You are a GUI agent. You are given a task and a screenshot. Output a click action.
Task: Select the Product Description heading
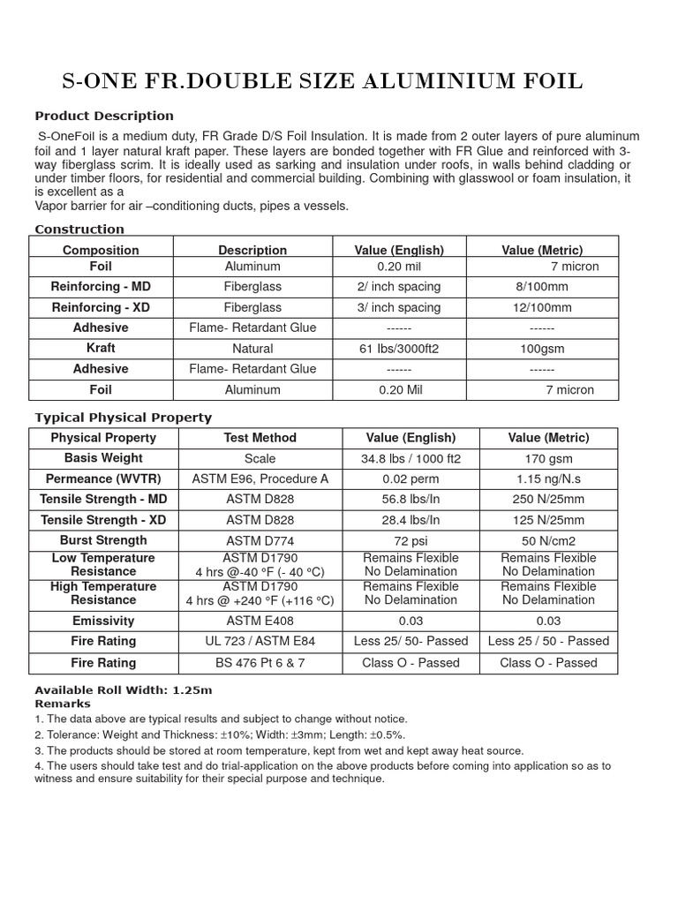[104, 116]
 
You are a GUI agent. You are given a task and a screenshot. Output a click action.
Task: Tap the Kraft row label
[101, 349]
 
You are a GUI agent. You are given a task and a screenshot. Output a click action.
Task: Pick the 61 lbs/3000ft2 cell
[399, 349]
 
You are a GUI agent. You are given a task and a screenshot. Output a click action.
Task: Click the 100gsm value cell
[542, 349]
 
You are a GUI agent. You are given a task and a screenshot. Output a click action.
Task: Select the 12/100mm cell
[542, 308]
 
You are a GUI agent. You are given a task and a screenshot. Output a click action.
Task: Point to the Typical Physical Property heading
[123, 418]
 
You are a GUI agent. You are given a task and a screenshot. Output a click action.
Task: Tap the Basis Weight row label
[103, 458]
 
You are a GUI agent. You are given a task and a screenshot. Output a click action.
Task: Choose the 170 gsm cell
[548, 459]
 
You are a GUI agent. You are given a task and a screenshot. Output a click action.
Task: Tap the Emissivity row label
[103, 621]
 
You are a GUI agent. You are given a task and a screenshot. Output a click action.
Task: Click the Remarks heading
[62, 704]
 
